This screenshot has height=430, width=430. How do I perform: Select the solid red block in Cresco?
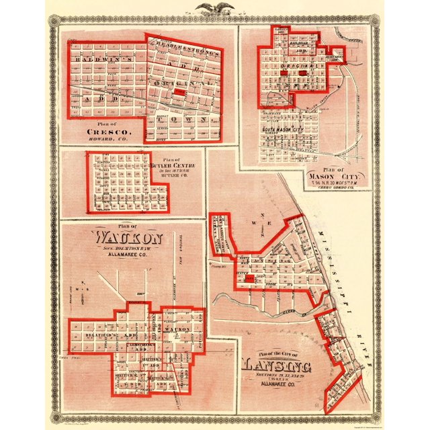(179, 93)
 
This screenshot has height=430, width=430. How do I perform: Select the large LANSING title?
(277, 367)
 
